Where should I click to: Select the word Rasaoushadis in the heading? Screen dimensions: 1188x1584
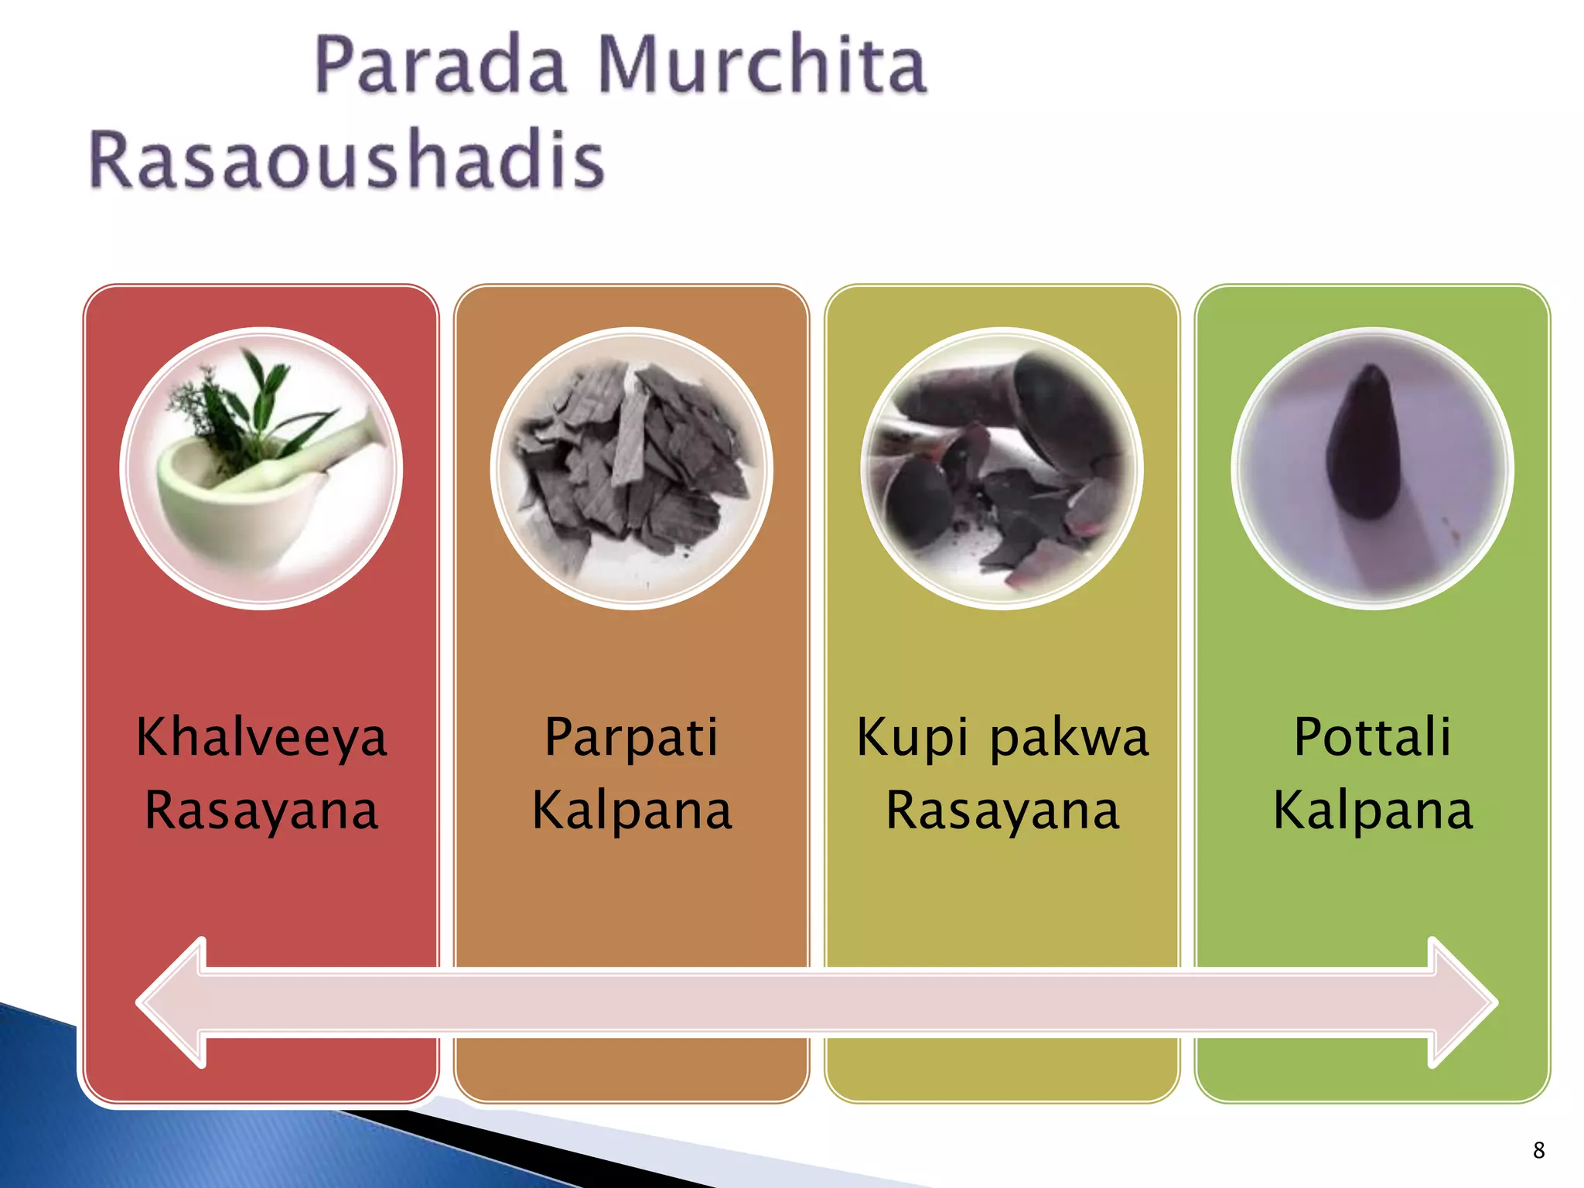(x=346, y=160)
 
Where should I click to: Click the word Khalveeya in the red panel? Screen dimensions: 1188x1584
(x=261, y=737)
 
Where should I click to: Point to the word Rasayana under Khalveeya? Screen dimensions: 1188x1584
(x=261, y=811)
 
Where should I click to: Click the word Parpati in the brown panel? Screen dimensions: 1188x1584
(x=631, y=737)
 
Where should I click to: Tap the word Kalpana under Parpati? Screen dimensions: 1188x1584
(x=631, y=811)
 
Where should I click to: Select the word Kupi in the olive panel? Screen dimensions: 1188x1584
(x=913, y=737)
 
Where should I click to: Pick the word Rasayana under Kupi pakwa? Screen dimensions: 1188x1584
(x=1002, y=811)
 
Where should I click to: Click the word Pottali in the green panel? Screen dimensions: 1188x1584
(x=1372, y=737)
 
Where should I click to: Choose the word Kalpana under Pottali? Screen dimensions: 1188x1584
(x=1372, y=811)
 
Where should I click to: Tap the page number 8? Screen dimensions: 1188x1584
(x=1539, y=1150)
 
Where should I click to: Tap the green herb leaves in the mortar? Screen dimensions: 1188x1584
(x=247, y=402)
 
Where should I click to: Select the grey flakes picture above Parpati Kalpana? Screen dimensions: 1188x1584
(x=631, y=469)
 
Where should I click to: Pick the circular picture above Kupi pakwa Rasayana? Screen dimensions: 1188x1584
(x=1002, y=469)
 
